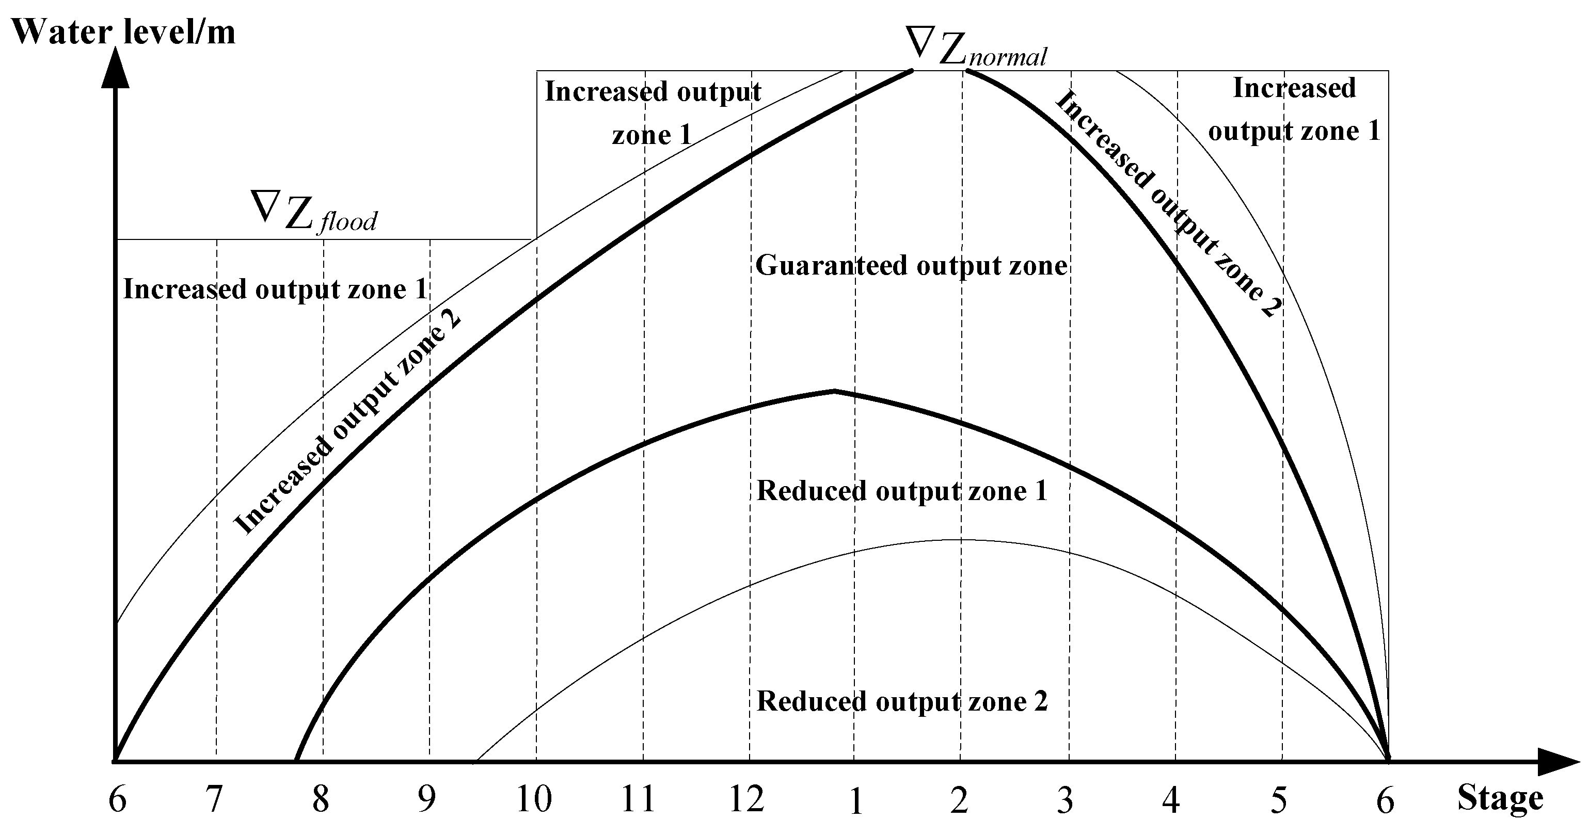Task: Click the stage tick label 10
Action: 534,800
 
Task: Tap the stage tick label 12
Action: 746,800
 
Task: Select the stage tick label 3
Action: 1066,801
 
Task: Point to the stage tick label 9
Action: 427,800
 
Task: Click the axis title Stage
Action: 1500,798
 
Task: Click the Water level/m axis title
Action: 123,32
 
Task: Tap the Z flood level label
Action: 314,212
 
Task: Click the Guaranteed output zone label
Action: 911,266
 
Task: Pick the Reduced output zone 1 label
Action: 902,491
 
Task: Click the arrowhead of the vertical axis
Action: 115,68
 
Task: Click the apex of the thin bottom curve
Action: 960,540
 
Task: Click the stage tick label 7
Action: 213,800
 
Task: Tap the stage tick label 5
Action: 1279,801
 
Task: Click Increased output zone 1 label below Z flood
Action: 275,289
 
